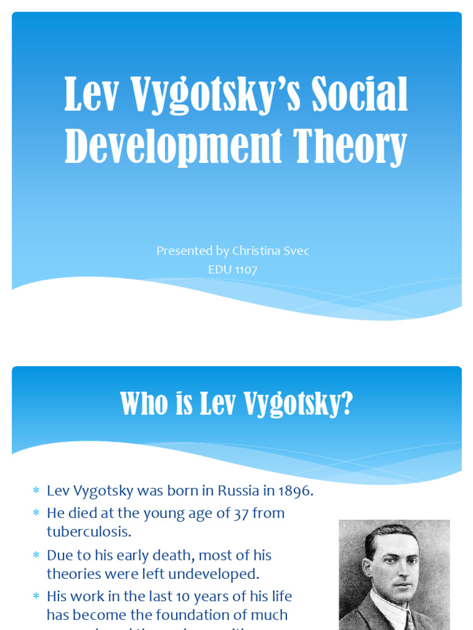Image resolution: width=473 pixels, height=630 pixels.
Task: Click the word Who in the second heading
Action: tap(143, 404)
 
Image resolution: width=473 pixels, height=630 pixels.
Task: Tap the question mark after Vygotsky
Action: tap(347, 404)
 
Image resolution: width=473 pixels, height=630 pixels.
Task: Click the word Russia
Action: tap(238, 491)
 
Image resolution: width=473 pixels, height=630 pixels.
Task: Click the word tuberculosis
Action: tap(89, 531)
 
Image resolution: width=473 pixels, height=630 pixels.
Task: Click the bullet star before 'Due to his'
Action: tap(36, 556)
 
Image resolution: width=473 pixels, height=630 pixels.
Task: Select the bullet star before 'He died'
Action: tap(36, 513)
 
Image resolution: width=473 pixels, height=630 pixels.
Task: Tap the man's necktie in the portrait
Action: tap(408, 620)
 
